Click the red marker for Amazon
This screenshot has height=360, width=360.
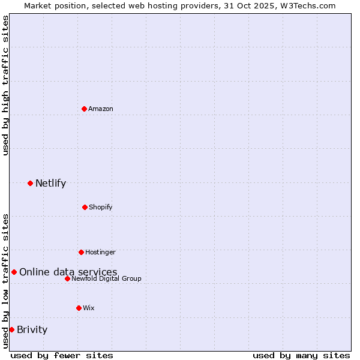[85, 109]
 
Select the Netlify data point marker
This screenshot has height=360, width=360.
[30, 183]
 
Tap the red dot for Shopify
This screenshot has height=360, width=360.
[85, 207]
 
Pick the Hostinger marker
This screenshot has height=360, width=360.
[81, 252]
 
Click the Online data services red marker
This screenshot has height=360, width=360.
[14, 272]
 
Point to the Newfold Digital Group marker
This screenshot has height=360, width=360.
[67, 278]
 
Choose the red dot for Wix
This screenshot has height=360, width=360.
[79, 308]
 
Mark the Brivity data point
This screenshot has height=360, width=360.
[11, 329]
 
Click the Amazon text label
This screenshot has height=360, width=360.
[101, 109]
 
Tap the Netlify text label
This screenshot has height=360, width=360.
[50, 183]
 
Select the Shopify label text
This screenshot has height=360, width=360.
[100, 207]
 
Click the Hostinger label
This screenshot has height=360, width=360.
[100, 252]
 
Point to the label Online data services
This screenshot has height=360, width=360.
[68, 272]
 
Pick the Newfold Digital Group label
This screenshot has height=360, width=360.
[106, 278]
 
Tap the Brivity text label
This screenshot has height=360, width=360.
[32, 329]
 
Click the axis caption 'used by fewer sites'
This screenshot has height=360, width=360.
[62, 355]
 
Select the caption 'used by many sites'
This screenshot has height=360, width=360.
[301, 355]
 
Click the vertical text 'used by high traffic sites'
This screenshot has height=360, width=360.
[5, 85]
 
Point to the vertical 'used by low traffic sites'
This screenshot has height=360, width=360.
[5, 280]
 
